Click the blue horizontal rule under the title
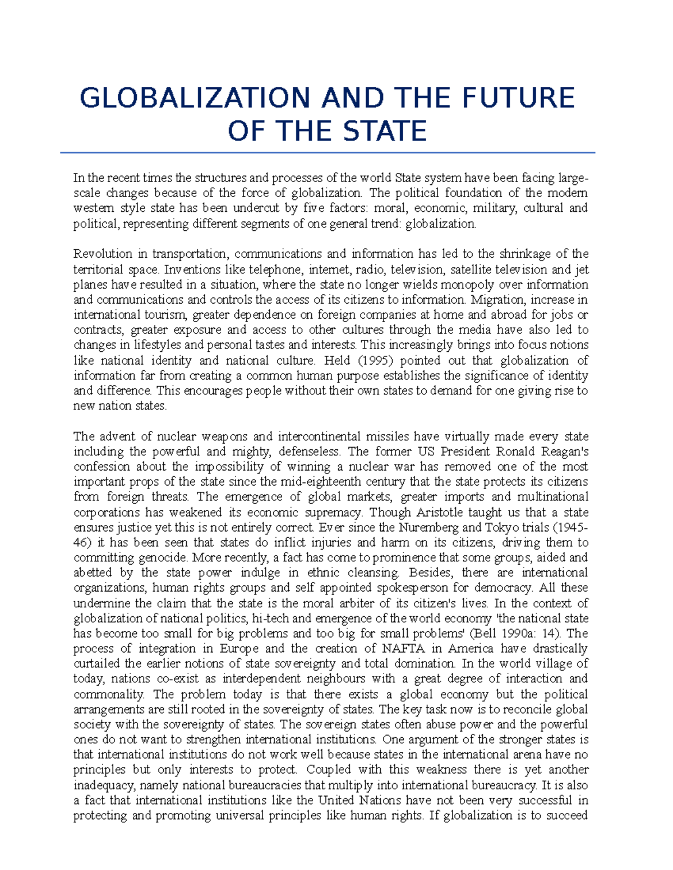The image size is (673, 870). point(327,152)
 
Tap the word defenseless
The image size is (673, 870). point(309,452)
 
